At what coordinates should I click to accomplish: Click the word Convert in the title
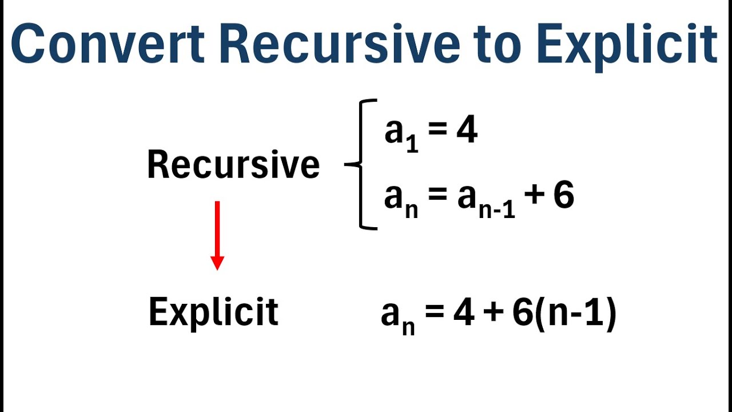point(108,45)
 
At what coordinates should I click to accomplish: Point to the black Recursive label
point(233,165)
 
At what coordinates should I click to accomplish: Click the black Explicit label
point(213,312)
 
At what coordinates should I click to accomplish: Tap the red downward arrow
point(217,235)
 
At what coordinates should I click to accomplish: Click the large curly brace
point(361,165)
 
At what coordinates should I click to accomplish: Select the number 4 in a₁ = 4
point(467,132)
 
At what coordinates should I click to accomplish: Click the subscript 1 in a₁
point(411,144)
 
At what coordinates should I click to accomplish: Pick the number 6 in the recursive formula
point(564,196)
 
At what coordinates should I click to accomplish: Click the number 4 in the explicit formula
point(464,314)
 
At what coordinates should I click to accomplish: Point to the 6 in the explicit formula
point(522,314)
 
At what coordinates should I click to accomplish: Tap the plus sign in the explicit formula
point(493,314)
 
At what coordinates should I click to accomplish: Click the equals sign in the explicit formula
point(435,314)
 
